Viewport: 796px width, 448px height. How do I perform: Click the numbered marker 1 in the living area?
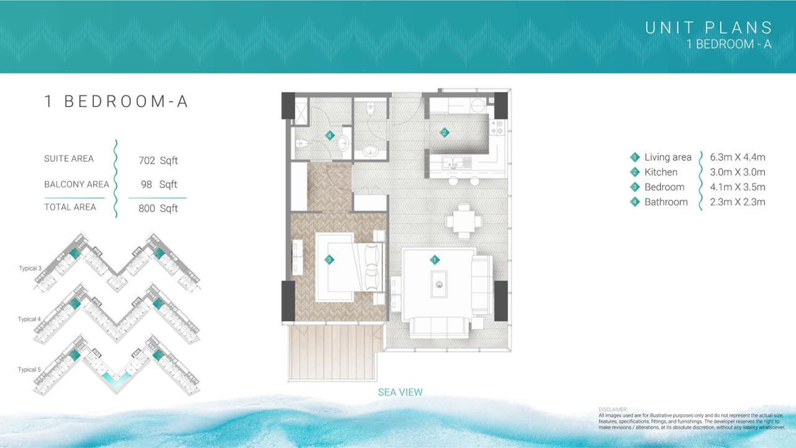434,260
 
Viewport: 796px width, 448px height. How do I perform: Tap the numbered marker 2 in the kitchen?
444,133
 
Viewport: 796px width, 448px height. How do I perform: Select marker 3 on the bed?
329,260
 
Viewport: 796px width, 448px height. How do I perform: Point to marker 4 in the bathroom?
330,135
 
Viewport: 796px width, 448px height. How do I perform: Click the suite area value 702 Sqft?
158,161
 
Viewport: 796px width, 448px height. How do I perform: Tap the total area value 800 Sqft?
158,208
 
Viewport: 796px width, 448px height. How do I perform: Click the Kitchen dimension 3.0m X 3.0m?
738,172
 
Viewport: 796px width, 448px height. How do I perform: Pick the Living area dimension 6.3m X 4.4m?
738,157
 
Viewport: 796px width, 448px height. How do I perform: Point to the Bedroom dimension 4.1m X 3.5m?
738,187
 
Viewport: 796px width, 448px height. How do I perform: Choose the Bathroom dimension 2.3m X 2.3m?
738,202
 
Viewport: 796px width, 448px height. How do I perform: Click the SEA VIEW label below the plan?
400,392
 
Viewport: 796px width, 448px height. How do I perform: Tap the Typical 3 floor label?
30,268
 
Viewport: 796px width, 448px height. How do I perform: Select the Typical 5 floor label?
29,370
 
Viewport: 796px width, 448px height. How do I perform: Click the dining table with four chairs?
464,221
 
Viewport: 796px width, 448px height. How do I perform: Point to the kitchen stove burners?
497,128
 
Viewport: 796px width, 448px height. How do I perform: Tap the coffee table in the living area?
439,284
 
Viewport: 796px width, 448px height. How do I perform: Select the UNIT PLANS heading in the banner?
708,28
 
